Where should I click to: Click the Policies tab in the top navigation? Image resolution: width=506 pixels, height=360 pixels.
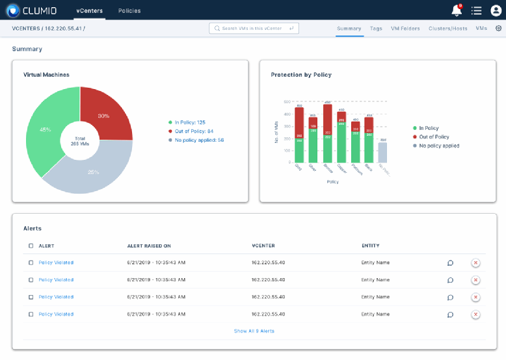click(x=129, y=10)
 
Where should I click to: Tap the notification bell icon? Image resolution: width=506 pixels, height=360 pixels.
click(x=457, y=10)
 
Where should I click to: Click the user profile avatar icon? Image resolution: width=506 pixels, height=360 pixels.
click(x=496, y=10)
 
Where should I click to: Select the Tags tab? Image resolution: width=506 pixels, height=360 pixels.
click(x=376, y=29)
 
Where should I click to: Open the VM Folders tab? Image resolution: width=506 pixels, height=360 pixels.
click(x=405, y=29)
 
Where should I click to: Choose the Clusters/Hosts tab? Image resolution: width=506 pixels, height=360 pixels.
click(x=448, y=29)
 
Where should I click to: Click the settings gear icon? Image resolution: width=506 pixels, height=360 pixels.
click(x=499, y=29)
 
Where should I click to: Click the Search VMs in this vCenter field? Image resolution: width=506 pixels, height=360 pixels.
click(x=254, y=28)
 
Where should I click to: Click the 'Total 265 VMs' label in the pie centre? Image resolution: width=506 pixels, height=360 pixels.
click(x=80, y=140)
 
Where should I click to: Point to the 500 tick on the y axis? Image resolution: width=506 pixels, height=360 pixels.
click(x=287, y=102)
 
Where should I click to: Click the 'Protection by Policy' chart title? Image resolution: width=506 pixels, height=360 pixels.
click(x=301, y=75)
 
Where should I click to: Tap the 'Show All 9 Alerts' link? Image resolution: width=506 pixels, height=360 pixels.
click(x=254, y=331)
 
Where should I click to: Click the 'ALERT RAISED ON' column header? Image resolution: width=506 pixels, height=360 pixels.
click(x=149, y=246)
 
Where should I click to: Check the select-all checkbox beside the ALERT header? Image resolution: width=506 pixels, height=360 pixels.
click(x=31, y=246)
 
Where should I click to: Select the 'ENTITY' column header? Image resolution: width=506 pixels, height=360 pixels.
click(x=371, y=246)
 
